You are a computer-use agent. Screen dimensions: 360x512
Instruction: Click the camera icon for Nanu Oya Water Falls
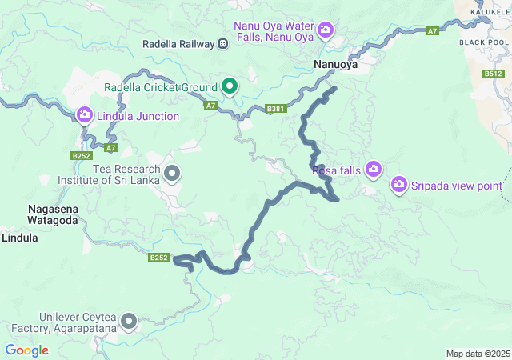coord(326,31)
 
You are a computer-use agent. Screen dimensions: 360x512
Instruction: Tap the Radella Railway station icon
coord(222,44)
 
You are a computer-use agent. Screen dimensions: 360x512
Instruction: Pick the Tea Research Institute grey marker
coord(172,173)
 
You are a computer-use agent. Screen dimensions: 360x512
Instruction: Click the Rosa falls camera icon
coord(373,169)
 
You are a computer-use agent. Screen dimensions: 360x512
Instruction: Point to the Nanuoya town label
coord(334,65)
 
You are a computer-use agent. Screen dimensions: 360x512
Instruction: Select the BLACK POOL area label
coord(484,42)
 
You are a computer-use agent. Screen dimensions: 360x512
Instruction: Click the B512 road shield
coord(493,74)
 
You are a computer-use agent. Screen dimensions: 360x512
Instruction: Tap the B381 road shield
coord(275,108)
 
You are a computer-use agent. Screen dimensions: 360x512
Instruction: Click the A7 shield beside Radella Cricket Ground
coord(210,105)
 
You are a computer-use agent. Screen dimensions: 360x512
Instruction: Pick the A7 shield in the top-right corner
coord(432,30)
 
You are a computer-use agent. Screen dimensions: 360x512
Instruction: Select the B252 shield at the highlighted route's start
coord(158,258)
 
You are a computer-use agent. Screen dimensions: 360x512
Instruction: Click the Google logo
coord(26,350)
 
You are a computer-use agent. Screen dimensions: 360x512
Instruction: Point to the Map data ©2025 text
coord(477,354)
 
